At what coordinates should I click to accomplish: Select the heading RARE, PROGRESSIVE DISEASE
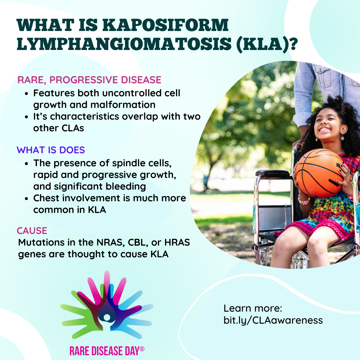(89, 80)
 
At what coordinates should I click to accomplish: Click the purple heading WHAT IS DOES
(51, 150)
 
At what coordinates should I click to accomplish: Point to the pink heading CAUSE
(32, 231)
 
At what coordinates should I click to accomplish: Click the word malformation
(123, 105)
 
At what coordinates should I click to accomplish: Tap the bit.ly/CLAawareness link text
(273, 320)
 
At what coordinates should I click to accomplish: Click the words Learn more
(253, 308)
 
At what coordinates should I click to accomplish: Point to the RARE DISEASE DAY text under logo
(107, 351)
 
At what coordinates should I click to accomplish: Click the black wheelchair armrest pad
(273, 173)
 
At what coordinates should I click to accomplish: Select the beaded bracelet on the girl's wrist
(304, 200)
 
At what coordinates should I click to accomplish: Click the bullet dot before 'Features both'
(27, 94)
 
